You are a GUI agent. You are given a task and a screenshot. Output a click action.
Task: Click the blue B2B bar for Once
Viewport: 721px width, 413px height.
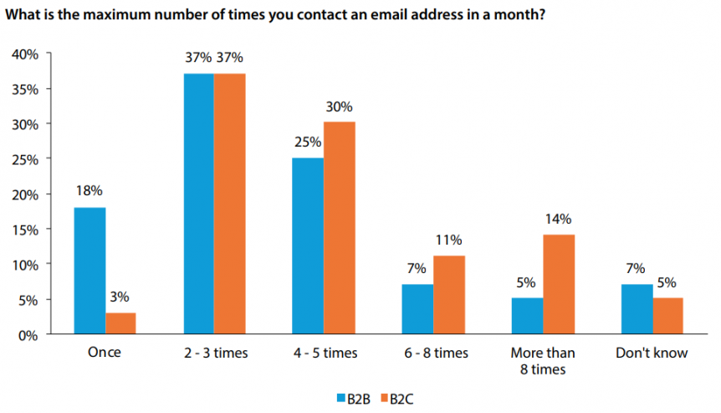89,271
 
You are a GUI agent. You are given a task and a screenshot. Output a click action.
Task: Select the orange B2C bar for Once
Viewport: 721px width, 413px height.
120,323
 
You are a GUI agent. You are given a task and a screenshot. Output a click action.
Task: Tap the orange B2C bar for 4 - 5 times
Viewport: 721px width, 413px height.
339,228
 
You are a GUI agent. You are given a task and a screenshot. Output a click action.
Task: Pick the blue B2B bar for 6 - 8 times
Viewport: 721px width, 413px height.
417,309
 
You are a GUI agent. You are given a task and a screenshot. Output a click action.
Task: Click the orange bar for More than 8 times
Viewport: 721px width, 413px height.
558,284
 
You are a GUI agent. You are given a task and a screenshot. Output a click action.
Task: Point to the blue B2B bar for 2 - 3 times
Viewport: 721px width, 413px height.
198,204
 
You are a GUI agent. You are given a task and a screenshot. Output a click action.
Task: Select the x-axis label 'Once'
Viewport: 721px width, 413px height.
105,353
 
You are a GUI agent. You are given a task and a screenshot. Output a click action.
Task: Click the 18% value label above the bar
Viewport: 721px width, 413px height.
89,191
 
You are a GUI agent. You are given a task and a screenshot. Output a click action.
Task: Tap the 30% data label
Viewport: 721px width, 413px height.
340,106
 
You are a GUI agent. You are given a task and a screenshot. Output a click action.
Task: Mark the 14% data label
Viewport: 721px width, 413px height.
558,219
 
